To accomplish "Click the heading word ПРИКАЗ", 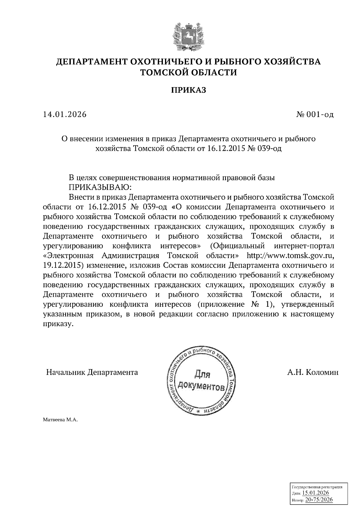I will pyautogui.click(x=189, y=90).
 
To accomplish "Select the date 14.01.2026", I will pyautogui.click(x=64, y=114).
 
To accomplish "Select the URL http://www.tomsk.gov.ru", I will pyautogui.click(x=289, y=256).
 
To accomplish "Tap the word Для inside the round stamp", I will pyautogui.click(x=202, y=374).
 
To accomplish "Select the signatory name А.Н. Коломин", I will pyautogui.click(x=313, y=372).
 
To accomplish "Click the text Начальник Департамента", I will pyautogui.click(x=92, y=372).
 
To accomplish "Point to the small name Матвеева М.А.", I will pyautogui.click(x=60, y=420).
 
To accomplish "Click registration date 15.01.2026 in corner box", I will pyautogui.click(x=316, y=493).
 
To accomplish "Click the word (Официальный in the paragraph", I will pyautogui.click(x=237, y=246).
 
